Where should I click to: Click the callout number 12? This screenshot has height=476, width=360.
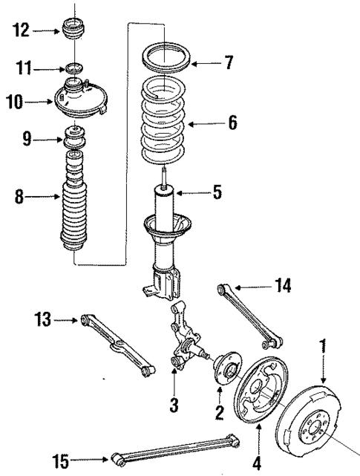(21, 30)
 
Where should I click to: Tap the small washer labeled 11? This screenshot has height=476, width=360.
(73, 70)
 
